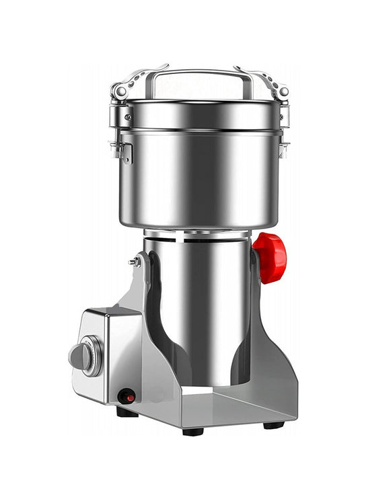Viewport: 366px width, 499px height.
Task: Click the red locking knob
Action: [270, 258]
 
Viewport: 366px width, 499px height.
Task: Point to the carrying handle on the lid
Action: [200, 74]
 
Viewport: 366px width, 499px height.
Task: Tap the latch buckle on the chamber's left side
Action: [123, 149]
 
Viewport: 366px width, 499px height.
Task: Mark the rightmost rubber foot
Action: [273, 424]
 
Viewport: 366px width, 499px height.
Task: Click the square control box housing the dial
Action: [108, 353]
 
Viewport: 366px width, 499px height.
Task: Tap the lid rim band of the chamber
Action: [200, 114]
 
